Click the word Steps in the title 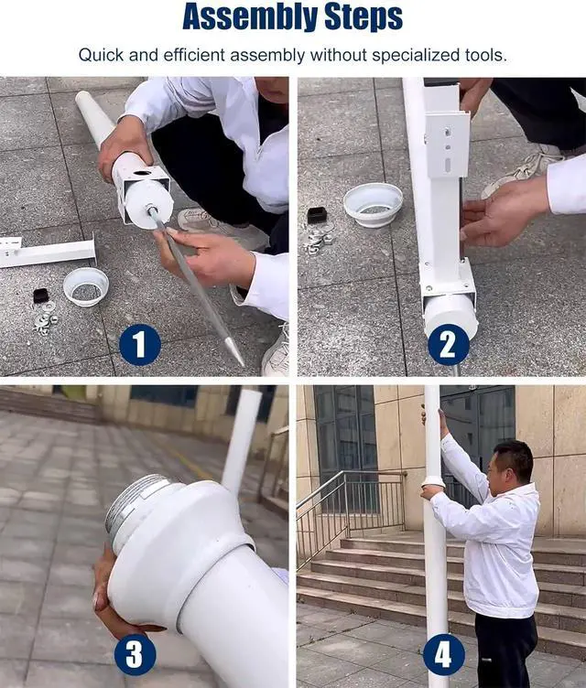click(x=363, y=16)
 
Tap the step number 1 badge click(x=140, y=344)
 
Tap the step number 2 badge click(x=449, y=344)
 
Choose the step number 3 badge click(x=135, y=654)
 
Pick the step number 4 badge click(x=444, y=654)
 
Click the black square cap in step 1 click(x=41, y=296)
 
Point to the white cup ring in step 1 click(x=86, y=286)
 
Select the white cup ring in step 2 click(x=373, y=205)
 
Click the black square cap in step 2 click(x=316, y=215)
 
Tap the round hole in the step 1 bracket click(x=141, y=173)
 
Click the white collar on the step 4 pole click(x=434, y=482)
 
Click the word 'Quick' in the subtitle click(x=101, y=55)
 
